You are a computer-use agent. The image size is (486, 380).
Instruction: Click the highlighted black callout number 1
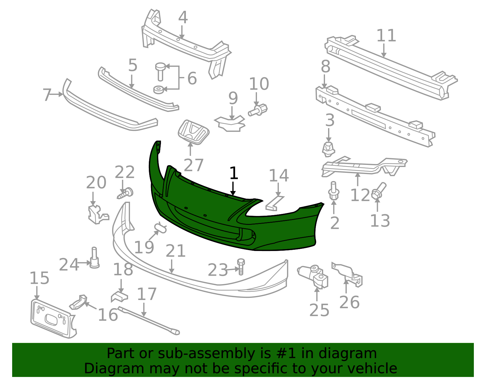233,173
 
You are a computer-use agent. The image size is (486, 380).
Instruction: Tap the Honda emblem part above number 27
193,131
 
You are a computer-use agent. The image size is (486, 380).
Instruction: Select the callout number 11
386,36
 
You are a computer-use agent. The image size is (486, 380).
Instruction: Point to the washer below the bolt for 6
159,90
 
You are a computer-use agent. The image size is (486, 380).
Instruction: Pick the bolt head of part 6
160,66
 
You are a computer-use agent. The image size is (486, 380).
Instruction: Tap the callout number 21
176,251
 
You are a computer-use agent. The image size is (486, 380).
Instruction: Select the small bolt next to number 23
241,267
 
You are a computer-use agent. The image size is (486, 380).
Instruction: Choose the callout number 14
279,176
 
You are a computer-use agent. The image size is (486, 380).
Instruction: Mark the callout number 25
319,310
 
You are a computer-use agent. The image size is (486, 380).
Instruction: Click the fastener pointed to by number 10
258,110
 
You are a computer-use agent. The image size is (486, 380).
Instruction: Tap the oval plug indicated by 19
160,228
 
